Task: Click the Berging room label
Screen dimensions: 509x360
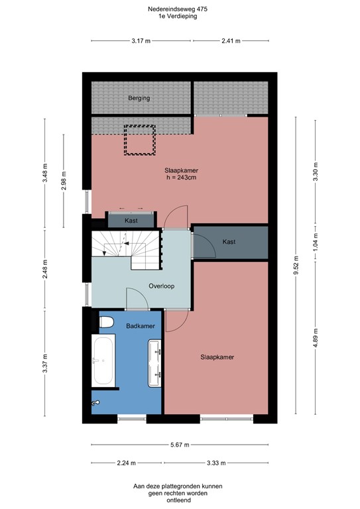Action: (139, 98)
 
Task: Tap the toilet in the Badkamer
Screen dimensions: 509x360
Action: (105, 323)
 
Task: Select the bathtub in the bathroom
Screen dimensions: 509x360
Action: (104, 361)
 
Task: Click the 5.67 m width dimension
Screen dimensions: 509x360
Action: (180, 445)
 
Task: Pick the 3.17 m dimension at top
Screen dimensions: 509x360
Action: (141, 40)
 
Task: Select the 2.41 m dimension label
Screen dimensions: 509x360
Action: (231, 40)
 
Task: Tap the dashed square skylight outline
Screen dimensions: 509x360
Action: (140, 140)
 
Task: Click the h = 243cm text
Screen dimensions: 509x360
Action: (182, 178)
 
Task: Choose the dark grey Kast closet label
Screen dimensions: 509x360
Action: (229, 242)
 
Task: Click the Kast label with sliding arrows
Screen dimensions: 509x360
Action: (131, 220)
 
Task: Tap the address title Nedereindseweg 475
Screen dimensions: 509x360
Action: (179, 9)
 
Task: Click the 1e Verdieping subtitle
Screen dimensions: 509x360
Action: (179, 17)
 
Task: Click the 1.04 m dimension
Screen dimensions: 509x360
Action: (316, 243)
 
